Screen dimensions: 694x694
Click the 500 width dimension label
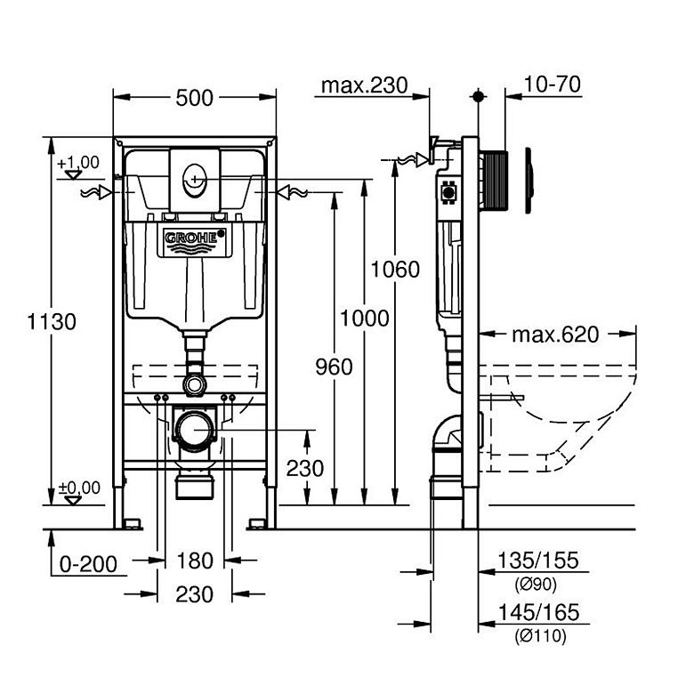pyautogui.click(x=195, y=97)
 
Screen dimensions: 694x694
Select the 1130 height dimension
pyautogui.click(x=52, y=321)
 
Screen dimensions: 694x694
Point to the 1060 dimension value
pyautogui.click(x=395, y=268)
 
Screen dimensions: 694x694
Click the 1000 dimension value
pyautogui.click(x=365, y=318)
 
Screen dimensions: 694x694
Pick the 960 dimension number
pyautogui.click(x=334, y=366)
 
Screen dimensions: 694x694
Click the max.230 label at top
pyautogui.click(x=363, y=85)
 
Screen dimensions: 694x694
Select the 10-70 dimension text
pyautogui.click(x=553, y=85)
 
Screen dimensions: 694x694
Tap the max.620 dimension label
pyautogui.click(x=555, y=335)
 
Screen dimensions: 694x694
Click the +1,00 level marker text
pyautogui.click(x=79, y=163)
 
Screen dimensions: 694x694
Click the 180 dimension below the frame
pyautogui.click(x=195, y=561)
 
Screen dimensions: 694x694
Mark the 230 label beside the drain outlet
pyautogui.click(x=305, y=468)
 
